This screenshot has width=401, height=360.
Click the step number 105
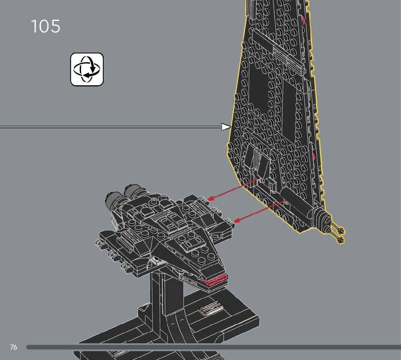45,26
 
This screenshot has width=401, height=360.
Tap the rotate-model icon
87,69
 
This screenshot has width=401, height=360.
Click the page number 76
13,347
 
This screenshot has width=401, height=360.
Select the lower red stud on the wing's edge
313,157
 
